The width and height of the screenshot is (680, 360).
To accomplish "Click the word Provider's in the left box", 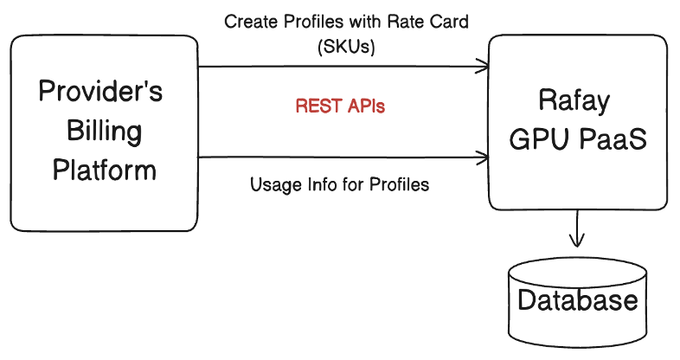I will click(x=100, y=93).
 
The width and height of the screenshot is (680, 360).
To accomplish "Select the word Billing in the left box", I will click(x=100, y=131).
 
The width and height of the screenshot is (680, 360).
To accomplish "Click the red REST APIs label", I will click(x=340, y=107).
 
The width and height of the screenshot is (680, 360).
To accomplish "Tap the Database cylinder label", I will click(x=577, y=301).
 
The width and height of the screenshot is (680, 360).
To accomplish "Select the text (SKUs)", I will click(x=347, y=48).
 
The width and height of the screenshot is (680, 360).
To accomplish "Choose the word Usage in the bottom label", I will click(x=273, y=184).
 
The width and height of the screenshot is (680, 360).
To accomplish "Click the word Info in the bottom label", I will click(x=318, y=184).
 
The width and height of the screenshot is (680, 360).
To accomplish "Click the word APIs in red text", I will click(x=364, y=107).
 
